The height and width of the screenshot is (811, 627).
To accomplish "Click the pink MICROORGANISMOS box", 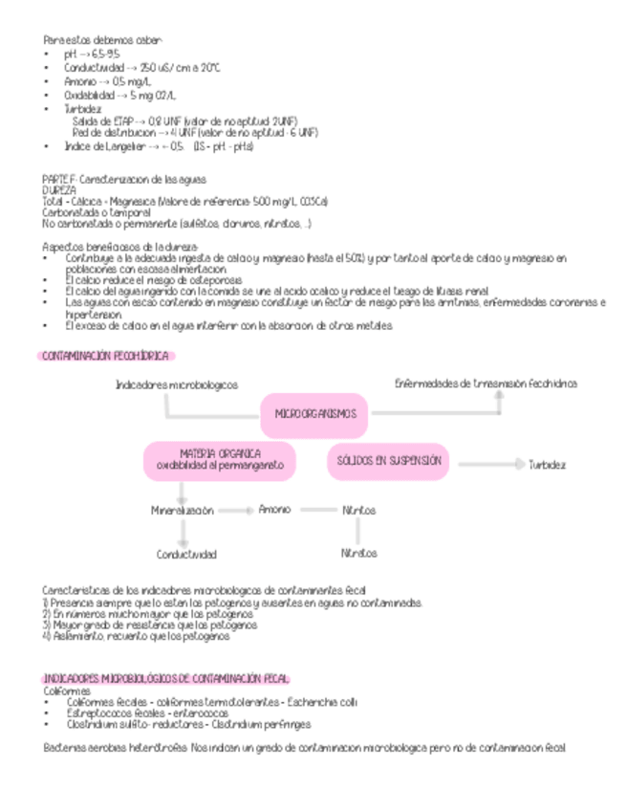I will [x=314, y=414].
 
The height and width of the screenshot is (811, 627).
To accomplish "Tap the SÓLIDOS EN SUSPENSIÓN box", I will [x=388, y=461].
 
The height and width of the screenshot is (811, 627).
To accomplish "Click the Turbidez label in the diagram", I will [x=547, y=465].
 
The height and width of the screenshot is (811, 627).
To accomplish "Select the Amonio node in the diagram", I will [x=274, y=510].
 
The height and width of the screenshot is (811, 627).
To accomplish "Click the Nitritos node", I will [x=358, y=511].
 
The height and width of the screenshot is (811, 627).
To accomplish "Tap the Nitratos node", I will [x=358, y=553].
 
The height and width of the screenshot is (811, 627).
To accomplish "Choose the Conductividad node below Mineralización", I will [x=186, y=554].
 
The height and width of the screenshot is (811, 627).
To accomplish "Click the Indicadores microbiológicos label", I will [x=177, y=384].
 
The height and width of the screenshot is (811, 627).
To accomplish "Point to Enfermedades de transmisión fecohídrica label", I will [x=486, y=384].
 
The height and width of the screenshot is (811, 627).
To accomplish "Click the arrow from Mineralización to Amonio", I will [x=235, y=511].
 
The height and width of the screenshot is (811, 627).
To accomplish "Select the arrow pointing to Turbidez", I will [x=489, y=465].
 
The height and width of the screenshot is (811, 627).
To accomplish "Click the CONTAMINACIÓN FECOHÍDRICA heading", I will [x=105, y=356].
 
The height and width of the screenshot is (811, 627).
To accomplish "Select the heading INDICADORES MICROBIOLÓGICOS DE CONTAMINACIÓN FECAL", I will [x=166, y=678].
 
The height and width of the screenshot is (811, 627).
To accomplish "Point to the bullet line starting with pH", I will [x=90, y=55].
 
